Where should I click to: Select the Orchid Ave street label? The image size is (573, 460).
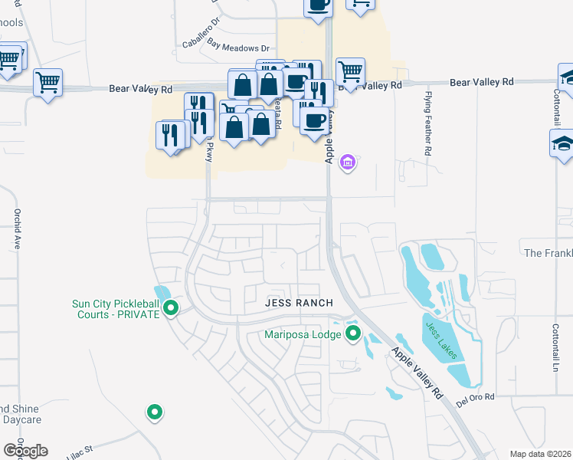pos(15,228)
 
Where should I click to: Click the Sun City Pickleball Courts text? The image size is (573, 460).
pos(115,309)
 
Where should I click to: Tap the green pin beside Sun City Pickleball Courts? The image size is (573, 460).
pos(172,309)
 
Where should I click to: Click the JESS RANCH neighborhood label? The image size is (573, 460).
pos(299,303)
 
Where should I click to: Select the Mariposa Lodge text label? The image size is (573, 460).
pos(303,333)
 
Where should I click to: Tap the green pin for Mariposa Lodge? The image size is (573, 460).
pos(352,333)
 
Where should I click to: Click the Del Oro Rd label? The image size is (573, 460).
pos(476,397)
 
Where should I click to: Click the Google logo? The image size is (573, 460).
pos(25,450)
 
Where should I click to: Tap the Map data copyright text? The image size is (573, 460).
pos(541,454)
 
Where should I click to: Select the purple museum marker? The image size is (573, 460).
pos(348,162)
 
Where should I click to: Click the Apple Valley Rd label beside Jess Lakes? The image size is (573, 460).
pos(417,372)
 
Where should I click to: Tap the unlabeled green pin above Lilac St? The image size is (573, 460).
pos(155,412)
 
